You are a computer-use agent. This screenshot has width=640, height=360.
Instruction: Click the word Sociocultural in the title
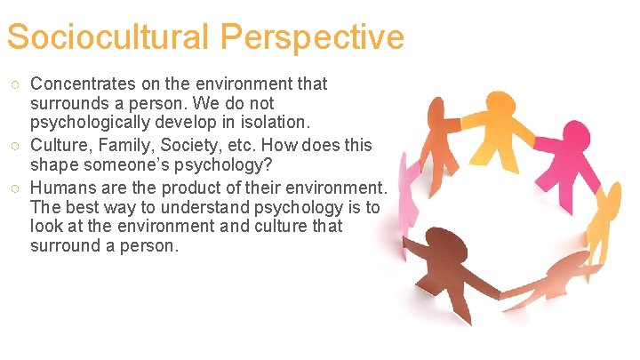click(108, 37)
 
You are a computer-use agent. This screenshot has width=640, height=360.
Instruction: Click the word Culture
click(60, 145)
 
